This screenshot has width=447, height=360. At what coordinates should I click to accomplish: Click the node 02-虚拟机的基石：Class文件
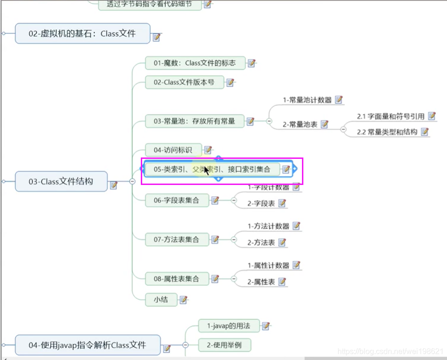click(82, 34)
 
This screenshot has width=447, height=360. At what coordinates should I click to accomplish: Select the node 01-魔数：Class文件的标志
click(195, 63)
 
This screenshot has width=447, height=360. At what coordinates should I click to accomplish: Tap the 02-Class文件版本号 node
click(184, 82)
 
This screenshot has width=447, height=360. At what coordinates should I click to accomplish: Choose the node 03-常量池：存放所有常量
click(194, 121)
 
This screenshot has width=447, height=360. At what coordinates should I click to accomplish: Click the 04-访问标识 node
click(173, 150)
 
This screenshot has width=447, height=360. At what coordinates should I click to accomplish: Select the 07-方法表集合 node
click(176, 240)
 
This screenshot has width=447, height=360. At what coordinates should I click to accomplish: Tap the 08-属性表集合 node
click(176, 279)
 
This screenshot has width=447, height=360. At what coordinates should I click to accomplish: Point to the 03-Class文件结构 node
click(61, 181)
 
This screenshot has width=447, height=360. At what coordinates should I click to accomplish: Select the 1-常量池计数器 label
click(307, 100)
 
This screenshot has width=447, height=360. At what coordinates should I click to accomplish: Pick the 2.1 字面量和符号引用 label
click(391, 116)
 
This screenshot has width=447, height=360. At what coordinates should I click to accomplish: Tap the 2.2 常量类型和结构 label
click(387, 132)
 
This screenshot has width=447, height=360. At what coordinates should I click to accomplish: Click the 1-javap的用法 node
click(228, 326)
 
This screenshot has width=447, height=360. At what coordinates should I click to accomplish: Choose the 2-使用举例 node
click(224, 345)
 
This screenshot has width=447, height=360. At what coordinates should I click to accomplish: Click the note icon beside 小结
click(183, 300)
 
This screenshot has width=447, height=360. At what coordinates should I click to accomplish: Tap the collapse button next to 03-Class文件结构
click(133, 181)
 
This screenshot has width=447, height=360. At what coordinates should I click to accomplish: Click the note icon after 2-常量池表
click(325, 124)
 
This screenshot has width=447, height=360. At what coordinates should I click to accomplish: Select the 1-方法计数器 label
click(268, 226)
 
